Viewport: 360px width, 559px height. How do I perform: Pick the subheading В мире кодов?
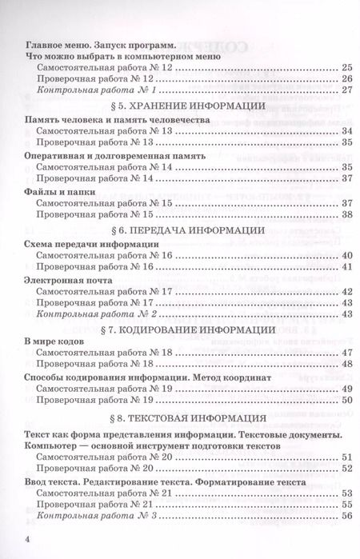pos(54,341)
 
